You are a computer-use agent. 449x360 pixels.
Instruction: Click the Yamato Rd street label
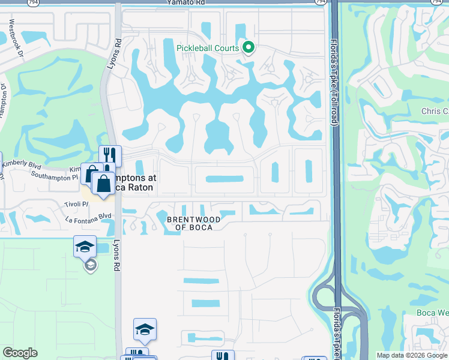[x=187, y=3]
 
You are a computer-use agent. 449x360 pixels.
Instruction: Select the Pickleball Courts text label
[x=208, y=48]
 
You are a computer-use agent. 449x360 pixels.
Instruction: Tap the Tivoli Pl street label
[x=77, y=205]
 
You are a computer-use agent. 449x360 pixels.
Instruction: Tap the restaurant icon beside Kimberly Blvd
[x=110, y=155]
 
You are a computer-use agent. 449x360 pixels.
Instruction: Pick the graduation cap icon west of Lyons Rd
[x=85, y=245]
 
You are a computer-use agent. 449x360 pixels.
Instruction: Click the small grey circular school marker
[x=90, y=265]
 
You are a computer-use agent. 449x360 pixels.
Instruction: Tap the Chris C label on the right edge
[x=434, y=112]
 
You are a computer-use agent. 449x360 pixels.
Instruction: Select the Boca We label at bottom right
[x=433, y=313]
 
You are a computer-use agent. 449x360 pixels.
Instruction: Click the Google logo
[x=20, y=353]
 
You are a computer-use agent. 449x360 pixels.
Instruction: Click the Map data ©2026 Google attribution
[x=412, y=355]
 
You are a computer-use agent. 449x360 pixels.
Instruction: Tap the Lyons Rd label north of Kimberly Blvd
[x=110, y=53]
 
